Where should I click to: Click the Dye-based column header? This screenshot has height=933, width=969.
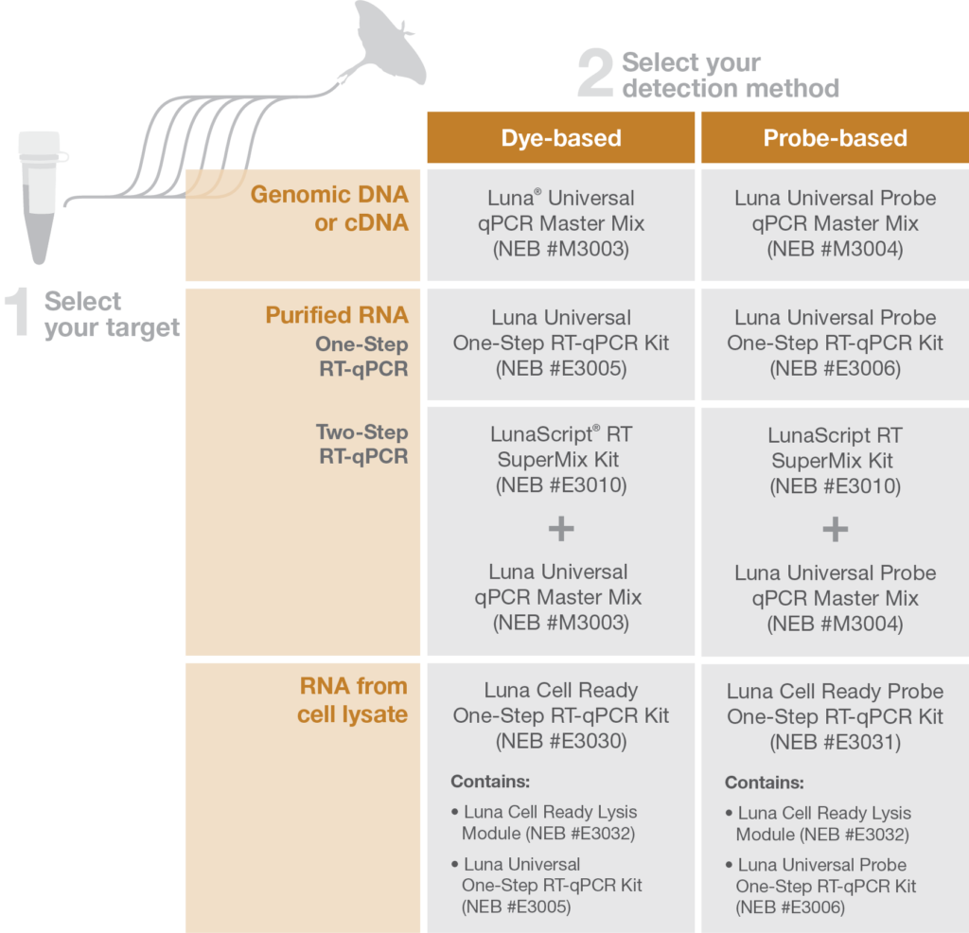coord(561,138)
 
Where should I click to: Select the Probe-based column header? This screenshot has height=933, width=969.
coord(835,138)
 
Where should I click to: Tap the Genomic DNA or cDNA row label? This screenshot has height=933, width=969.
coord(329,208)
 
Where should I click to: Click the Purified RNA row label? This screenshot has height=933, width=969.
coord(337,315)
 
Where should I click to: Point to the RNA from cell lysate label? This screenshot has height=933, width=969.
coord(352,700)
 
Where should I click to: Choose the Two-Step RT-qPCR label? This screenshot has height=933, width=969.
coord(362,444)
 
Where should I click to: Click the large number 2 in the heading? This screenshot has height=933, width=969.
coord(595,74)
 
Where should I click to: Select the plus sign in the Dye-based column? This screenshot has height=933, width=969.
coord(561,529)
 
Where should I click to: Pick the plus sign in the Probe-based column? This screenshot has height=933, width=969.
coord(835,530)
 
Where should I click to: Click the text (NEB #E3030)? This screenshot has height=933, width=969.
coord(561,741)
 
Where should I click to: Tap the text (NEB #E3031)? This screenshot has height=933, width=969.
coord(835,742)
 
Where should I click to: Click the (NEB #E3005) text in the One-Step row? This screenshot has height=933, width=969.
coord(561,369)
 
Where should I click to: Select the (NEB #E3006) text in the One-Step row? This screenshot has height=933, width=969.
coord(835,369)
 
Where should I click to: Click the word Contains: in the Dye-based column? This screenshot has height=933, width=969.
coord(490,782)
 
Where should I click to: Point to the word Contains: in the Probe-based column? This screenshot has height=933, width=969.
coord(764,783)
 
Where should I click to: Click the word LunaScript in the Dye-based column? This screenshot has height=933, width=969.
coord(541,435)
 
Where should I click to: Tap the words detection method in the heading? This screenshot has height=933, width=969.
coord(731,88)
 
